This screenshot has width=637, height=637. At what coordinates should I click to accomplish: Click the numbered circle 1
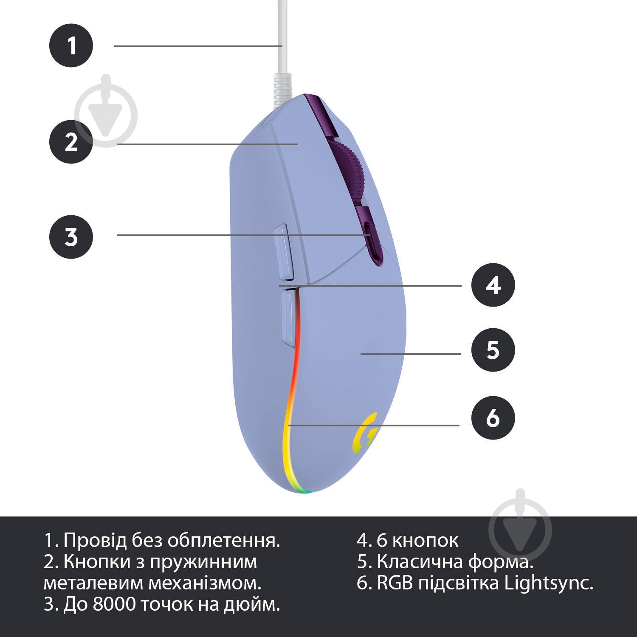pos(71,45)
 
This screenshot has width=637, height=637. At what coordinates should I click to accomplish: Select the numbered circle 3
pos(71,237)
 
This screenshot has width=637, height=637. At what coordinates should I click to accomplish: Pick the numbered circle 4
pos(493,285)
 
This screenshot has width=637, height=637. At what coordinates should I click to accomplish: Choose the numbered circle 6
pos(493,418)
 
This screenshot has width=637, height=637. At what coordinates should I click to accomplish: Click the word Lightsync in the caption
pos(549,583)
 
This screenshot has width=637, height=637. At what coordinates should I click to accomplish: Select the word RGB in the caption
pos(395,583)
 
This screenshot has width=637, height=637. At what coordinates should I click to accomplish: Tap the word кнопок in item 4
pos(425,541)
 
